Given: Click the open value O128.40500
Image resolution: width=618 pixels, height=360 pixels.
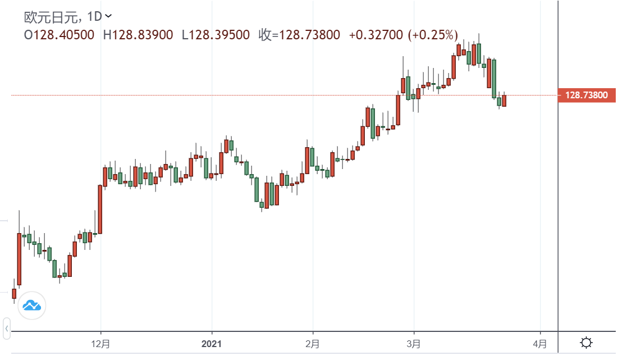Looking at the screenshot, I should click(x=59, y=35).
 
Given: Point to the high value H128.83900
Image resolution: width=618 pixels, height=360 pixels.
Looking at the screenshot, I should click(x=138, y=35).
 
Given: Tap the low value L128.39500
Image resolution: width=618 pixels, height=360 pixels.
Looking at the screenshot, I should click(x=216, y=35).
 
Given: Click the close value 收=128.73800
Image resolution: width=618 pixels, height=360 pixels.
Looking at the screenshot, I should click(x=299, y=35).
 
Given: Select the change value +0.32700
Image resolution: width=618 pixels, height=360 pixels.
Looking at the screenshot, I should click(x=376, y=35).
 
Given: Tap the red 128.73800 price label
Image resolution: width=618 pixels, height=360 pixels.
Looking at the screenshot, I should click(x=586, y=95).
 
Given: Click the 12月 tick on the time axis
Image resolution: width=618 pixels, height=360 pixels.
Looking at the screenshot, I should click(x=101, y=343).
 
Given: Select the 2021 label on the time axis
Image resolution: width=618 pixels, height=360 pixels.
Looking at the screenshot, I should click(x=212, y=343).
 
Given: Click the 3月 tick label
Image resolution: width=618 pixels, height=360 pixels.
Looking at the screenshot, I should click(x=414, y=343).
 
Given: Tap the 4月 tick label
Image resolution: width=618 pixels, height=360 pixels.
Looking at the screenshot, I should click(x=539, y=343).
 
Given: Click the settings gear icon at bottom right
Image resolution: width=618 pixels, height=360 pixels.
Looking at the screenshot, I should click(x=587, y=343).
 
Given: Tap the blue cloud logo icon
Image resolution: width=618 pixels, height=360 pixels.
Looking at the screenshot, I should click(x=32, y=306).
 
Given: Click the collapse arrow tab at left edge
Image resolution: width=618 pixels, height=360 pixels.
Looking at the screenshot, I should click(x=7, y=328).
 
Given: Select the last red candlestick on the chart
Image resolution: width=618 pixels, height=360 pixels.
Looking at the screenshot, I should click(x=504, y=101).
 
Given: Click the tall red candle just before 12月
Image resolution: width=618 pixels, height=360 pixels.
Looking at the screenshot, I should click(x=100, y=209).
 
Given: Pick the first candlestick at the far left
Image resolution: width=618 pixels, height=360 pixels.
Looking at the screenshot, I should click(x=14, y=293).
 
